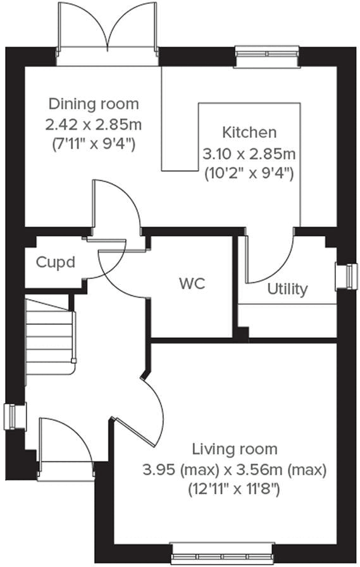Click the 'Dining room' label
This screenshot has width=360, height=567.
click(x=94, y=104)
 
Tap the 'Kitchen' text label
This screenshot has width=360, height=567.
click(x=249, y=132)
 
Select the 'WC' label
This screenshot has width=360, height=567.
click(x=192, y=283)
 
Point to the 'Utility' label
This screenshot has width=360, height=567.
click(x=287, y=289)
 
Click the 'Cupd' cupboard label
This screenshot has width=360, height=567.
click(x=56, y=262)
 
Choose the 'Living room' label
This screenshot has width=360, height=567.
click(x=235, y=449)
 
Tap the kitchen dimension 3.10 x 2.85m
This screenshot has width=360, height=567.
click(x=249, y=153)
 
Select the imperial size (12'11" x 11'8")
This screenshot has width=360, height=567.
click(x=235, y=489)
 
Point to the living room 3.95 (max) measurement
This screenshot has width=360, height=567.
click(x=183, y=470)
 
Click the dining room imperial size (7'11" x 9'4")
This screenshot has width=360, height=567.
click(x=94, y=143)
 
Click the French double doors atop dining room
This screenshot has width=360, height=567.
click(x=108, y=32)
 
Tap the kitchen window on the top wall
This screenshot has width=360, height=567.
click(x=266, y=56)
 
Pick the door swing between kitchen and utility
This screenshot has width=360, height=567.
click(x=268, y=259)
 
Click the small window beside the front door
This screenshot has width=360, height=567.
click(x=13, y=416)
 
